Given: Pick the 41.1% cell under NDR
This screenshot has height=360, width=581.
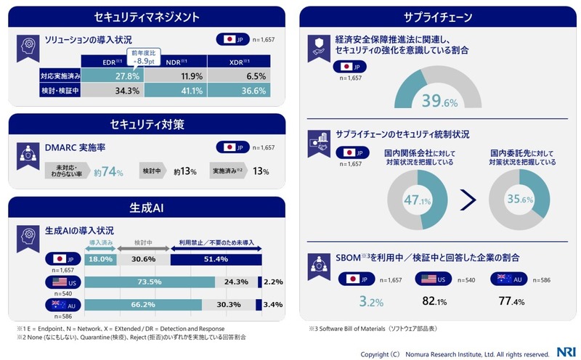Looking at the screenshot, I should click(x=191, y=91).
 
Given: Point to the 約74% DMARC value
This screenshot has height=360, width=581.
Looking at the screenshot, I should click(x=109, y=171).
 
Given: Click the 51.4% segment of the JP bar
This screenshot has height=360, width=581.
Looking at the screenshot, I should click(x=216, y=259).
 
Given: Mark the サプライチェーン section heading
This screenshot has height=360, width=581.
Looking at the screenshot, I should click(x=437, y=16).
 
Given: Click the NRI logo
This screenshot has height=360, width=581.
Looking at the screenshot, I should click(x=564, y=351).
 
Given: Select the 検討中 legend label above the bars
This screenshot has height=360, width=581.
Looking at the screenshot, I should click(x=142, y=242).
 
